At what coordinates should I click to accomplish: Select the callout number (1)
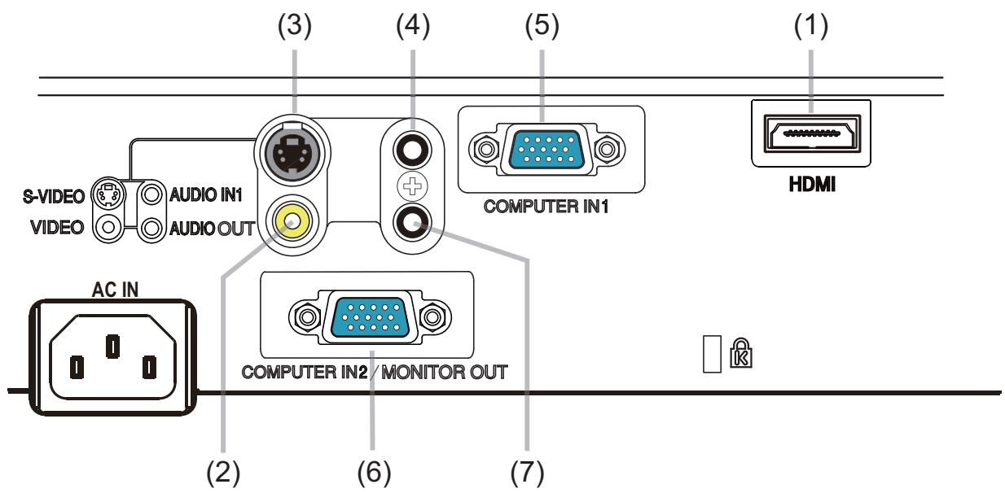[810, 27]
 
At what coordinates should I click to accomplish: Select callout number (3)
[294, 27]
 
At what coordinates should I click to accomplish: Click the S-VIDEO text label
[54, 195]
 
